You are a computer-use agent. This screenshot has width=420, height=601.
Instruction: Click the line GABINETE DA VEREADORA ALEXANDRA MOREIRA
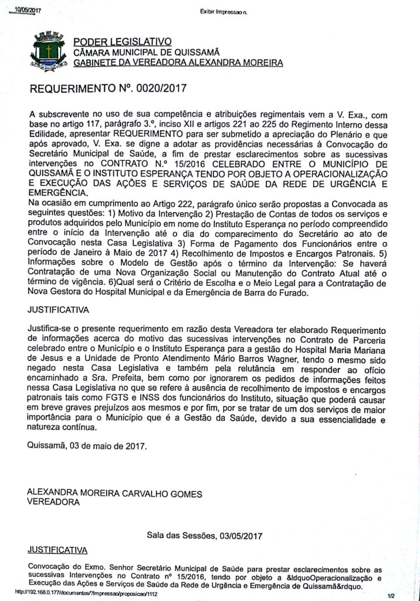pyautogui.click(x=174, y=62)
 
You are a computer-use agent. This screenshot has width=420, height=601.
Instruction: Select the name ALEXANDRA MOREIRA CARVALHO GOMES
pyautogui.click(x=115, y=494)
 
